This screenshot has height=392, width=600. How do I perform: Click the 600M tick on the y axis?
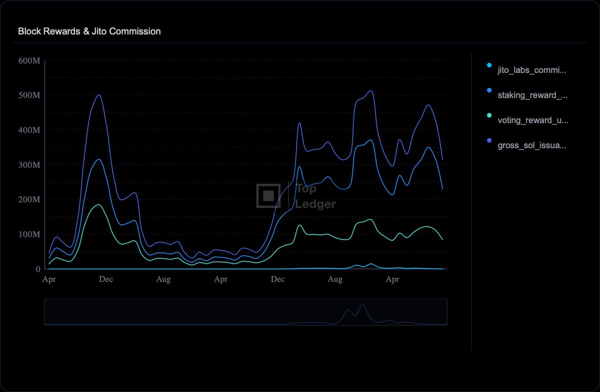pyautogui.click(x=29, y=61)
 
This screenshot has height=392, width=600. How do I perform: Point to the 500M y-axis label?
pyautogui.click(x=29, y=95)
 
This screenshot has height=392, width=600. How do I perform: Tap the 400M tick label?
pyautogui.click(x=29, y=130)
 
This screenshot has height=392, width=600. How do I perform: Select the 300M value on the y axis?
pyautogui.click(x=29, y=165)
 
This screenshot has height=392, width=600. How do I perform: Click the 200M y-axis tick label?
pyautogui.click(x=29, y=199)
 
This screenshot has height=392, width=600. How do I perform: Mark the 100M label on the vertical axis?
pyautogui.click(x=29, y=234)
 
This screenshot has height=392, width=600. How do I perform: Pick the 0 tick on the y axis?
pyautogui.click(x=38, y=269)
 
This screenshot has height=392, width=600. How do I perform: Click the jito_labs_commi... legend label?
pyautogui.click(x=531, y=70)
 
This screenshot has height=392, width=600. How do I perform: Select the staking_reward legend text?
pyautogui.click(x=532, y=95)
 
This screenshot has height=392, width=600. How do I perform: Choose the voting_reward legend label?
pyautogui.click(x=533, y=120)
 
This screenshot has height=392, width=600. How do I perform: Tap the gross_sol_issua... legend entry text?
pyautogui.click(x=531, y=145)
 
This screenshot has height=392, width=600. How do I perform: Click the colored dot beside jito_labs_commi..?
pyautogui.click(x=489, y=65)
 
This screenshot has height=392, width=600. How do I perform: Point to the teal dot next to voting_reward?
pyautogui.click(x=489, y=115)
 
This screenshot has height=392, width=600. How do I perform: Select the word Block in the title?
pyautogui.click(x=29, y=31)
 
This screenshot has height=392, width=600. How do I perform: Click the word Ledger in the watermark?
pyautogui.click(x=315, y=204)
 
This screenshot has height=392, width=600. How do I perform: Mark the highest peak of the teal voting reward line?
pyautogui.click(x=98, y=205)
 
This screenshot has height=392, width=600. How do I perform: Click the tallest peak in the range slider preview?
pyautogui.click(x=362, y=304)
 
